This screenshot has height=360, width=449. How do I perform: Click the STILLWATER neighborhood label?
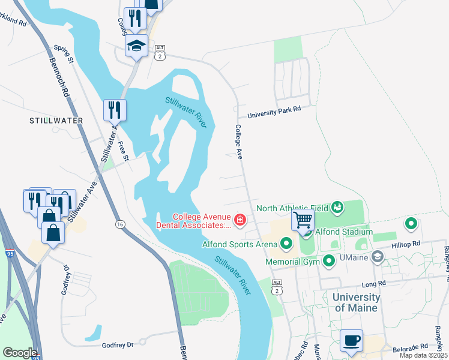(x=56, y=121)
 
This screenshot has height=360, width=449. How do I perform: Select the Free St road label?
(x=124, y=152)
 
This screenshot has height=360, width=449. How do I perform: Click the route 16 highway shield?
(x=121, y=224)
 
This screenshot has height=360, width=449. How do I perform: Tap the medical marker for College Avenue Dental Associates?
(x=240, y=221)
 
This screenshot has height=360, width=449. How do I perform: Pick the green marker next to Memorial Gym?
(x=329, y=261)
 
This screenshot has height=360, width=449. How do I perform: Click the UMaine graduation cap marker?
(x=377, y=257)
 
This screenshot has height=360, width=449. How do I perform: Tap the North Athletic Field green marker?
(x=337, y=208)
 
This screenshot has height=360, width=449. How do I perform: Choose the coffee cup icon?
(x=352, y=341)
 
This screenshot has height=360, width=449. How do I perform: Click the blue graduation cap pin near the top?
(x=136, y=46)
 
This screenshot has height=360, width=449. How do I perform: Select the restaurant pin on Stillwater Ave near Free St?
(x=115, y=110)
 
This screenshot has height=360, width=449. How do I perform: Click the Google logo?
(x=20, y=353)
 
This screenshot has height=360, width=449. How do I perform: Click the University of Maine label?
(x=357, y=302)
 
